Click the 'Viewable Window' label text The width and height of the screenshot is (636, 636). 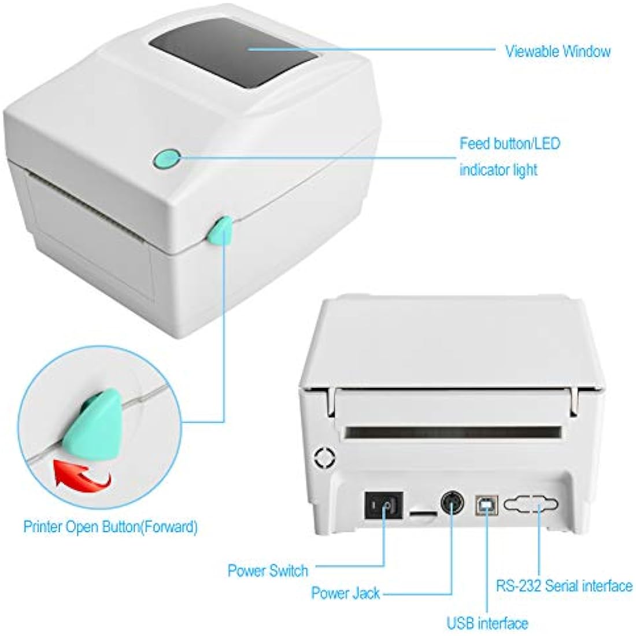click(557, 51)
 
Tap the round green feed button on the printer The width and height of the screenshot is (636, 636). click(168, 158)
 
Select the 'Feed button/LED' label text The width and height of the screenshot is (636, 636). click(509, 143)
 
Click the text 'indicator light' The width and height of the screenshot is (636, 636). click(498, 170)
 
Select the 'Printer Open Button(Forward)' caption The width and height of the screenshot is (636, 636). click(110, 527)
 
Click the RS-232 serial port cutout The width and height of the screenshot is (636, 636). click(531, 504)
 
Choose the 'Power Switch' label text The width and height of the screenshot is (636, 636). click(268, 571)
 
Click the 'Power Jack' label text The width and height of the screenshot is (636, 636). click(345, 593)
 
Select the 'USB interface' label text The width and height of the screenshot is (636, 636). click(487, 623)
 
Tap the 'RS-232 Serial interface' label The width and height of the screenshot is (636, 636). click(564, 586)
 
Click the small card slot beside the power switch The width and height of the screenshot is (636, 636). click(423, 512)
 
